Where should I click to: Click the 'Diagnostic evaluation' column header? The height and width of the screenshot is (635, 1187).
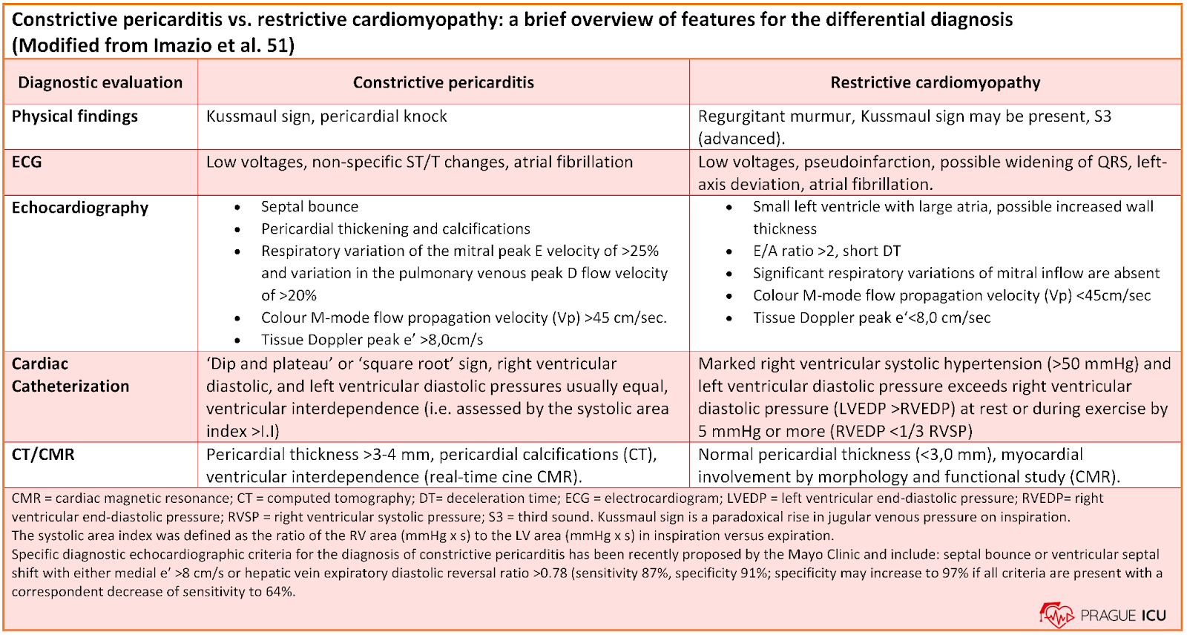click(100, 82)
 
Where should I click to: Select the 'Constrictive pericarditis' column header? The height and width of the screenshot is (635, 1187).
click(444, 82)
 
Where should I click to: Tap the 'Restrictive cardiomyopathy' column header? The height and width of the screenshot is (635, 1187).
click(936, 82)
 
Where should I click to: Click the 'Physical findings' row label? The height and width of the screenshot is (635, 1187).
click(75, 116)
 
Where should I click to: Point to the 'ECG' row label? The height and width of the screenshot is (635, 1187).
click(27, 162)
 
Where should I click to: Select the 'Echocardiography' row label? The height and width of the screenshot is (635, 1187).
click(80, 208)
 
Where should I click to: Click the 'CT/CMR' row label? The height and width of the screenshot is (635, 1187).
click(43, 454)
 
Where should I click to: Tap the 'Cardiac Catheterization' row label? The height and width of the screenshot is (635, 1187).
click(70, 375)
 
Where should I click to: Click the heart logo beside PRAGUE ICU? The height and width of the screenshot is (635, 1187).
click(1056, 616)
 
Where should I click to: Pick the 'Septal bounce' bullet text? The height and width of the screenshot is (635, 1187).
click(309, 206)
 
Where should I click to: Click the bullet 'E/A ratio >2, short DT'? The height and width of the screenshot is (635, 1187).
click(826, 251)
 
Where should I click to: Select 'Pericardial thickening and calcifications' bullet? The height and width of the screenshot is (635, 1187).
click(395, 229)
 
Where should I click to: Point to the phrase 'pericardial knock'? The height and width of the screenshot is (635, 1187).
click(383, 116)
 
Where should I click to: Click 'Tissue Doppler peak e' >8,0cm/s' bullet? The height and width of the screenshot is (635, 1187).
click(372, 340)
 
